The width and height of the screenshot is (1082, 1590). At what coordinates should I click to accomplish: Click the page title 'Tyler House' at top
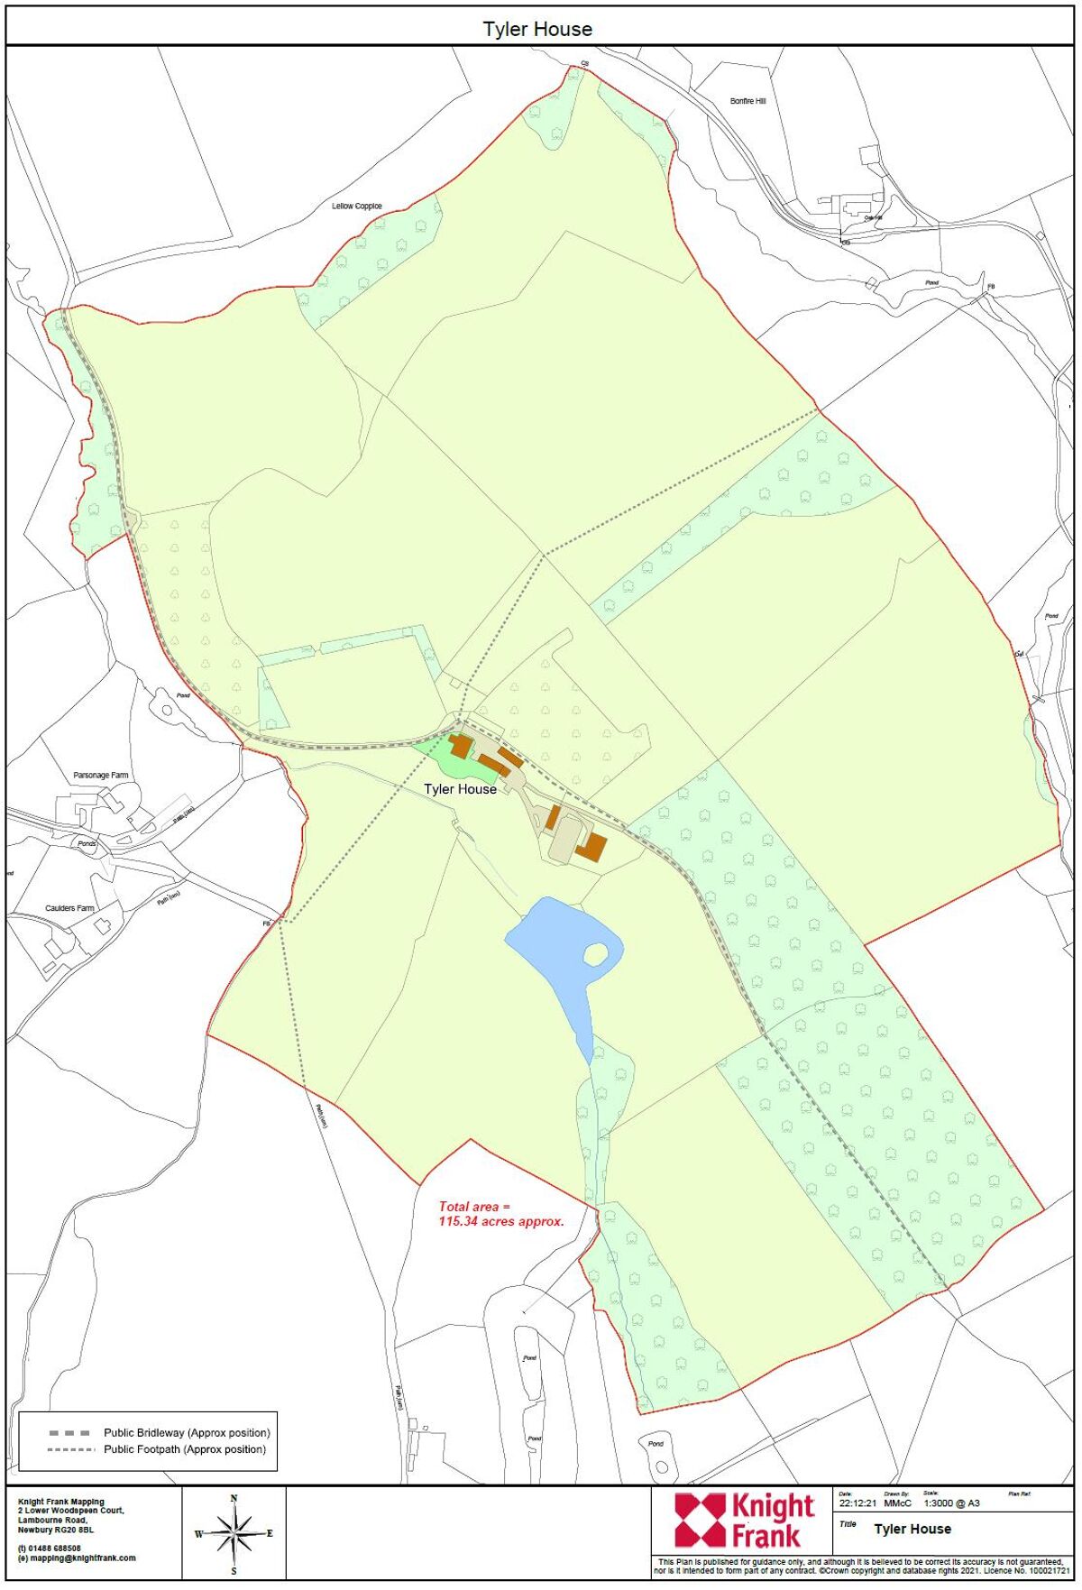(x=537, y=29)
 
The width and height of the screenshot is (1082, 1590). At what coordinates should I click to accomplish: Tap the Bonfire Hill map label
(x=747, y=101)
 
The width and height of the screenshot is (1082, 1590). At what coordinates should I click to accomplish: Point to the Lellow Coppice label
(x=357, y=206)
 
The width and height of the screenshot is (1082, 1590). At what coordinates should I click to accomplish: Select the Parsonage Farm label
(x=101, y=775)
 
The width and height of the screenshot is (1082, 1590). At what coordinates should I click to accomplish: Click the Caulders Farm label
(x=69, y=908)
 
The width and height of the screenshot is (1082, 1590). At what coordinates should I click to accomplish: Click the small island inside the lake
(x=595, y=953)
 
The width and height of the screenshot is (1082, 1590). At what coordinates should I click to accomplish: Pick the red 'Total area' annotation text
(x=500, y=1213)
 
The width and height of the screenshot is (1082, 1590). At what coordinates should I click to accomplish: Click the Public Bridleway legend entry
(x=187, y=1432)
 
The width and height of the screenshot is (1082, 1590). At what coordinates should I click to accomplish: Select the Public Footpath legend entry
(x=185, y=1449)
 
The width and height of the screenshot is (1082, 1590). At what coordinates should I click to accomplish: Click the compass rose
(x=234, y=1533)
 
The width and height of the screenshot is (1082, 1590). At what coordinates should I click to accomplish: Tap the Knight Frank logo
(x=745, y=1520)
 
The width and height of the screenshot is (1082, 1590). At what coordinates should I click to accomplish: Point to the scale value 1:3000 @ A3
(x=951, y=1503)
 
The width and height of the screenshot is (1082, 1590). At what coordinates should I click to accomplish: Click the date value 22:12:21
(x=857, y=1503)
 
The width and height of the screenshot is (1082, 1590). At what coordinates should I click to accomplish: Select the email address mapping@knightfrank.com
(x=80, y=1558)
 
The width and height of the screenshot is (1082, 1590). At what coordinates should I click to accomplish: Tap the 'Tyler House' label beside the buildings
(x=460, y=789)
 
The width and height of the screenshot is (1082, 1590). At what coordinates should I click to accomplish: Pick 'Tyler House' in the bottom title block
(x=912, y=1529)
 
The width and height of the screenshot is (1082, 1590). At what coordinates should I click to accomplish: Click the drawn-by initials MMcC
(x=897, y=1503)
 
